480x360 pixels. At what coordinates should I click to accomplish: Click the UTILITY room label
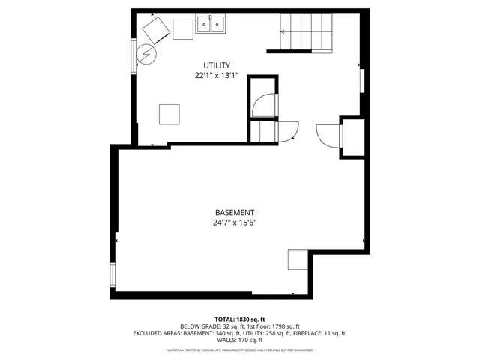pos(217,65)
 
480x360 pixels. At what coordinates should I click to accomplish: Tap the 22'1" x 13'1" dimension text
pos(217,76)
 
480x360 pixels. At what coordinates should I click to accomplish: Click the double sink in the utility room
pos(212,27)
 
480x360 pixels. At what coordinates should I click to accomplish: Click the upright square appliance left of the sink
pos(183,29)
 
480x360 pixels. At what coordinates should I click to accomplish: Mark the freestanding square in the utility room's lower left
pos(169,114)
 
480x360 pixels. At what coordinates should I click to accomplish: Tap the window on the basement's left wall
pos(113,273)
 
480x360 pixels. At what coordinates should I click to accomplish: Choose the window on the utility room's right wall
pos(363,81)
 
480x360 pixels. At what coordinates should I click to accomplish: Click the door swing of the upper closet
pos(263,104)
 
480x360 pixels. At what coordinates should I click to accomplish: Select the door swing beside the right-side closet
pos(328,136)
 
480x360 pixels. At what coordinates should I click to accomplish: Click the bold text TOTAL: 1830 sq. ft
pos(239,319)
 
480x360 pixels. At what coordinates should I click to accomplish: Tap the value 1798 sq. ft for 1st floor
pos(283,326)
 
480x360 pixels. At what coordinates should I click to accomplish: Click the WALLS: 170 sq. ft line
pos(239,340)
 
